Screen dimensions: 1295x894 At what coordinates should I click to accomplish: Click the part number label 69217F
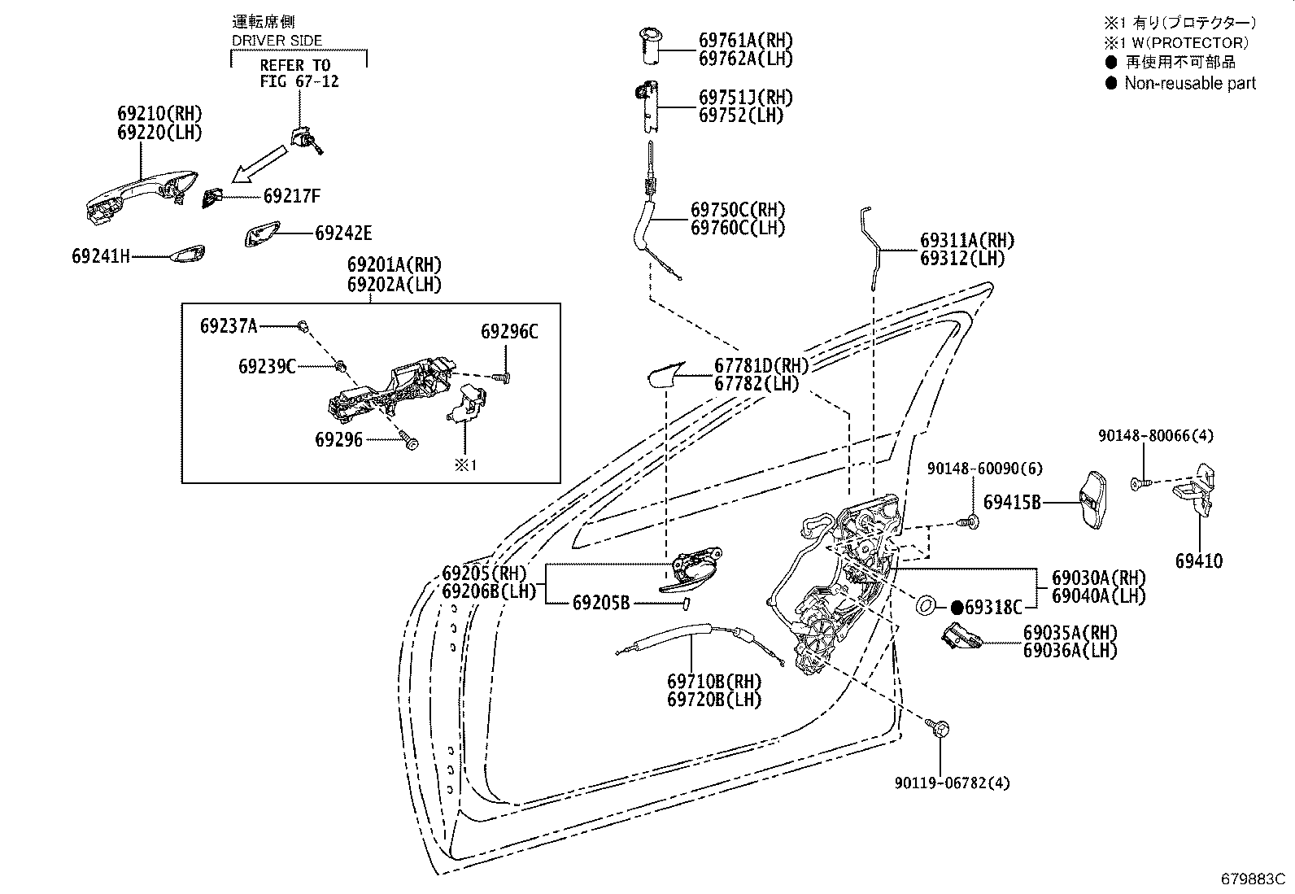(292, 196)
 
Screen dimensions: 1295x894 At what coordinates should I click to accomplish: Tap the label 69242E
(343, 233)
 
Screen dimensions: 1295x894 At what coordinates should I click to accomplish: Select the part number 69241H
(101, 256)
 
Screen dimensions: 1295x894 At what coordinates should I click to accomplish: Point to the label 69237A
(229, 326)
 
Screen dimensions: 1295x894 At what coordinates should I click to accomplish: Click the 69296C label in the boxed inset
(509, 331)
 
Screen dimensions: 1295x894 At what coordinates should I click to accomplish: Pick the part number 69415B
(1012, 503)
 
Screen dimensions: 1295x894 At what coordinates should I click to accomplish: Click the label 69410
(1199, 561)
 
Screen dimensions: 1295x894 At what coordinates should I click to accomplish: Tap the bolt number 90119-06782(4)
(953, 783)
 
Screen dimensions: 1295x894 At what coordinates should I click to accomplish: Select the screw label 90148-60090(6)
(985, 469)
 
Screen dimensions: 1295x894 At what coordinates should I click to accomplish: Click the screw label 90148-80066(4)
(1156, 435)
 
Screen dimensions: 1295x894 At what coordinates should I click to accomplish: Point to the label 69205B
(601, 603)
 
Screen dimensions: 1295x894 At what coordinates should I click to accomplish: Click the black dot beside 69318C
(957, 607)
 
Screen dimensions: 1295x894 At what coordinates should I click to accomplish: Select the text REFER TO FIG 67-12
(299, 73)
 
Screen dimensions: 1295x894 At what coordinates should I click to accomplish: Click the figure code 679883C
(1253, 879)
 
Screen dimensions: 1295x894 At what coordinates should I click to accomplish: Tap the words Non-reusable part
(1190, 83)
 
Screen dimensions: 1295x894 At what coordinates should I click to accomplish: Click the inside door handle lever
(691, 571)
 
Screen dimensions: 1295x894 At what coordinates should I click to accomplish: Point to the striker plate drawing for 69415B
(1092, 500)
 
